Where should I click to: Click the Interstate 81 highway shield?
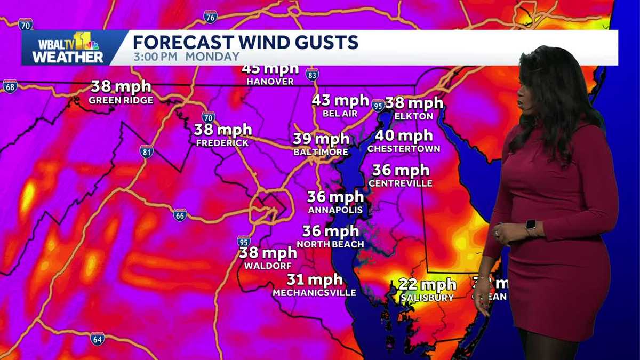tap(146, 151)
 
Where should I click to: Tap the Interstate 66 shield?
tap(180, 215)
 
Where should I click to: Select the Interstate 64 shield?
tap(97, 338)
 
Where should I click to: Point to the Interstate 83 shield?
tap(312, 74)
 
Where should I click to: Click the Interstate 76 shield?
tap(210, 17)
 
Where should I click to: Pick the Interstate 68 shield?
tap(10, 86)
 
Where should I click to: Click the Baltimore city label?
tap(321, 152)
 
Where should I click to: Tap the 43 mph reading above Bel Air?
tap(340, 100)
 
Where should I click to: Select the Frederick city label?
tap(222, 143)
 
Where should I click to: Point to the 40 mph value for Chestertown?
tap(403, 136)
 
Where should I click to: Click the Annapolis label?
tap(335, 210)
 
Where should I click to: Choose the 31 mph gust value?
tap(314, 279)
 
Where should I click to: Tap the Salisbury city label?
tap(427, 298)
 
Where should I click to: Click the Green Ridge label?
tap(121, 100)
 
